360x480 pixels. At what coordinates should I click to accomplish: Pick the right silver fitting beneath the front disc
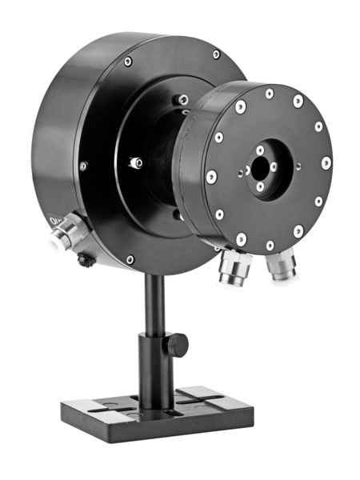[282, 266]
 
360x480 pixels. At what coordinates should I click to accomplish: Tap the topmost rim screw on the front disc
[270, 94]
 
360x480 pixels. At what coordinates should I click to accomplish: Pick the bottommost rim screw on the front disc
[270, 246]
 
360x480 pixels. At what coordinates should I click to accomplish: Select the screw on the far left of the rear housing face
[82, 166]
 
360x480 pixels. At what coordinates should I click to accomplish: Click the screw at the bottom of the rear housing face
[130, 260]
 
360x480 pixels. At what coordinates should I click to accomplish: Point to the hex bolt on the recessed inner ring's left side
[137, 162]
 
